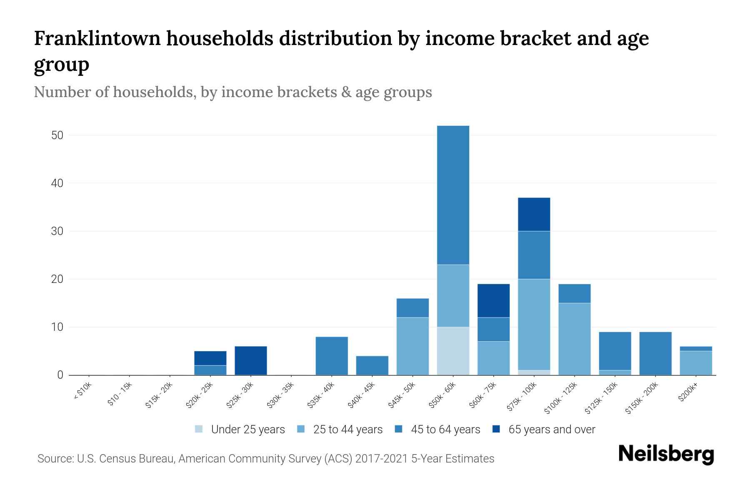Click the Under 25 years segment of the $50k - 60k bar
pyautogui.click(x=453, y=351)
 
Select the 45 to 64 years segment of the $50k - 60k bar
pyautogui.click(x=453, y=195)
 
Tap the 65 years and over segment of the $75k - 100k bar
pyautogui.click(x=534, y=214)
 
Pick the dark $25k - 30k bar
pyautogui.click(x=251, y=360)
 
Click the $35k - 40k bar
pyautogui.click(x=332, y=356)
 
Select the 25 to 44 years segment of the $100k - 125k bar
pyautogui.click(x=574, y=339)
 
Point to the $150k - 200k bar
pyautogui.click(x=655, y=353)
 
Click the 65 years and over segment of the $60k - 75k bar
pyautogui.click(x=493, y=301)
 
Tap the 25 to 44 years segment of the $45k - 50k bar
pyautogui.click(x=412, y=346)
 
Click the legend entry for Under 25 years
pyautogui.click(x=247, y=430)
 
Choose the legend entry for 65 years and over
pyautogui.click(x=551, y=430)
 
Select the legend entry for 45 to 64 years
pyautogui.click(x=445, y=430)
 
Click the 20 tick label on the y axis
pyautogui.click(x=57, y=279)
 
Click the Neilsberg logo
pyautogui.click(x=666, y=454)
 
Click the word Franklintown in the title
pyautogui.click(x=97, y=39)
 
